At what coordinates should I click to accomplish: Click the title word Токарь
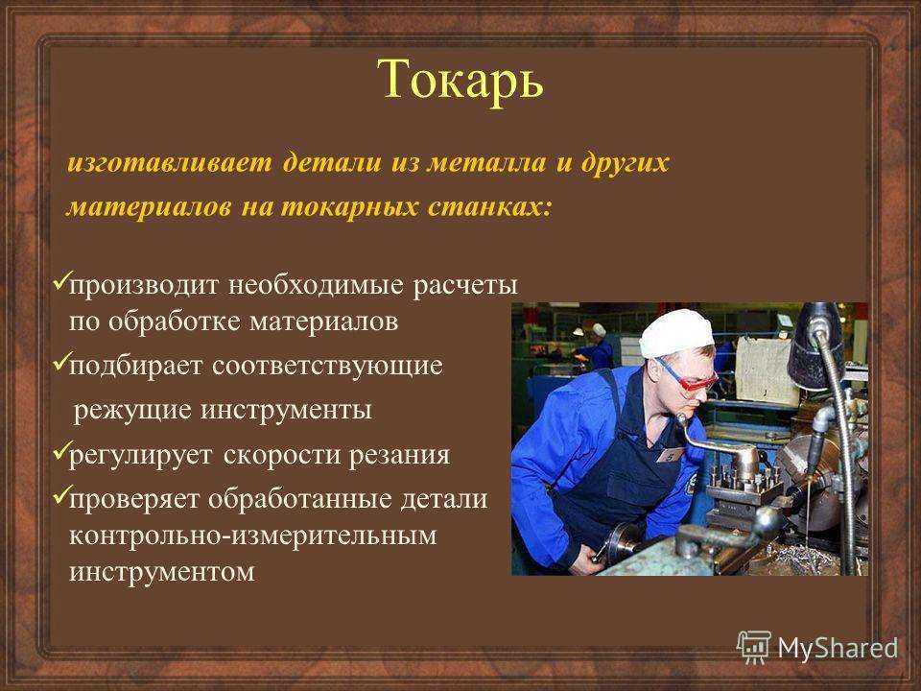point(460,81)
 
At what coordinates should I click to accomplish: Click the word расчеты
point(465,286)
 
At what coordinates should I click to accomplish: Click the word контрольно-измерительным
point(253,536)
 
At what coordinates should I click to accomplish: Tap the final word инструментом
point(162,572)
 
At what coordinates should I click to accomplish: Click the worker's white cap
point(675,332)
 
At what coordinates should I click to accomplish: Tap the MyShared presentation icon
point(754,648)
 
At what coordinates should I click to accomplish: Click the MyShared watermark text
point(838,648)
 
